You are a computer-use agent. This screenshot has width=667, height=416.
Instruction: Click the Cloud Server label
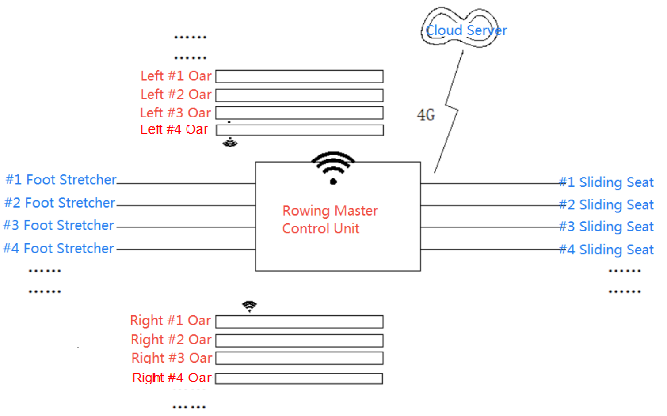pos(466,30)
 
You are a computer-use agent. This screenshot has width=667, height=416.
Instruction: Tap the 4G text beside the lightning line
pos(426,115)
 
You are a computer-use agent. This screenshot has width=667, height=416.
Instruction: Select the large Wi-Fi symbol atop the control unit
pos(333,167)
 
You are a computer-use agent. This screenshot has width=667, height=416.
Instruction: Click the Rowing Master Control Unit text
pos(330,219)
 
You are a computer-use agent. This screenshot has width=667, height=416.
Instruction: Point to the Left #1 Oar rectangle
pos(299,76)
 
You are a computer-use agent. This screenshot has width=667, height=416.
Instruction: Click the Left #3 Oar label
pos(175,113)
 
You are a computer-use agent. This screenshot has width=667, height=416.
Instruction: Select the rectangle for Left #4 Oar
pos(300,130)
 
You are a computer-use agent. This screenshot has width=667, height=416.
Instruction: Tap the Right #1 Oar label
pos(170,320)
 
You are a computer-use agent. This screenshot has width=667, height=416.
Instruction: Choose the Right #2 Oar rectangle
pos(299,340)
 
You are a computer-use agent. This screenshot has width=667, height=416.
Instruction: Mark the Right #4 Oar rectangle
pos(299,378)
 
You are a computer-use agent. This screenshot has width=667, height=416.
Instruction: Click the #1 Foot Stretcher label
pos(61,180)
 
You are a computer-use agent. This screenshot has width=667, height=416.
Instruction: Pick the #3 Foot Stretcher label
pos(59,225)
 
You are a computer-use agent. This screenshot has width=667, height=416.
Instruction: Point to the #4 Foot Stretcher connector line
pos(186,249)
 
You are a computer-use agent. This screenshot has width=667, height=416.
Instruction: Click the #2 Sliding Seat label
pos(606,205)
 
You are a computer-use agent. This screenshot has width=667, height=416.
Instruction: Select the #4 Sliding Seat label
pos(606,250)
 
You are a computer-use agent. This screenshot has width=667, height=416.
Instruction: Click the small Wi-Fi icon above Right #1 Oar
pos(249,306)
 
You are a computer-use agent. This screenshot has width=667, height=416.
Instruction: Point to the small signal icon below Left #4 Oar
pos(230,142)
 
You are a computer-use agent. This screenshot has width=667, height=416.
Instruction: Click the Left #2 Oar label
pos(176,95)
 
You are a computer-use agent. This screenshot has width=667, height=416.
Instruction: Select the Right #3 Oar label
pos(172,358)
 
